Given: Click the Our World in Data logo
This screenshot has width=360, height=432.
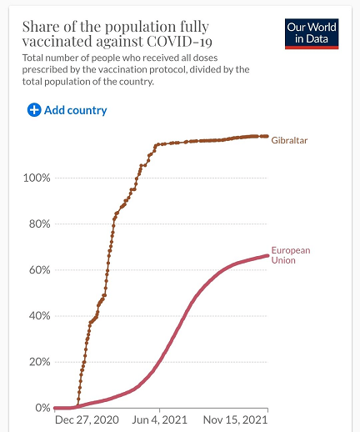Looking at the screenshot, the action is click(312, 34).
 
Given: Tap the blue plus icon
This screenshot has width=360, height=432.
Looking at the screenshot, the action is click(34, 110).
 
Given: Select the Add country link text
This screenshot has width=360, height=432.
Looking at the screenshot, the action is click(76, 110).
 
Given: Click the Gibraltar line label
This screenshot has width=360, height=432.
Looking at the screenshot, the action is click(289, 140).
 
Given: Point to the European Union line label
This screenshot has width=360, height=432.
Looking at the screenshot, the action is click(291, 255).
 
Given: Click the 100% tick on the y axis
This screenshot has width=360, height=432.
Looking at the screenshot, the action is click(37, 178).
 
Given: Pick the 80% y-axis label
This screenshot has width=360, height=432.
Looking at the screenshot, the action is click(40, 224).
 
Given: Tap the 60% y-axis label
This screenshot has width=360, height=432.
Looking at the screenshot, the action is click(40, 270).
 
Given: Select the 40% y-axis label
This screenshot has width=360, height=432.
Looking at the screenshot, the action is click(40, 316).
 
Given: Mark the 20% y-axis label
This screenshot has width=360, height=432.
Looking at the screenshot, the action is click(40, 362).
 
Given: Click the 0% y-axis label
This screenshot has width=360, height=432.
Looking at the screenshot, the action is click(42, 408).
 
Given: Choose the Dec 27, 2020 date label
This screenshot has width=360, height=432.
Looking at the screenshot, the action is click(87, 419).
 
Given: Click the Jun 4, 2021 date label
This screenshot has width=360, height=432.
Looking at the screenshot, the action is click(159, 419).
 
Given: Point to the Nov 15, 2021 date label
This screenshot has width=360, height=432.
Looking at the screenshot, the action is click(235, 419).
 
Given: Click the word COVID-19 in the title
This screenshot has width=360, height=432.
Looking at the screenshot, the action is click(179, 42).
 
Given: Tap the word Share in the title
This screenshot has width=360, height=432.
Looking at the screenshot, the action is click(41, 27).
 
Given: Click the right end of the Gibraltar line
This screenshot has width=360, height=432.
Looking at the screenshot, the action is click(267, 136).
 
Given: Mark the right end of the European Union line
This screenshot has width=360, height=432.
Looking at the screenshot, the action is click(267, 256).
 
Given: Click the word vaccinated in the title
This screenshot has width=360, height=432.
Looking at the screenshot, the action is click(57, 42).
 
